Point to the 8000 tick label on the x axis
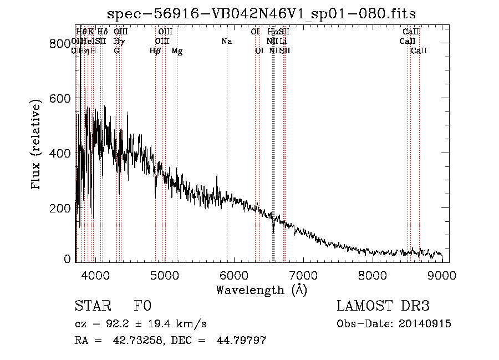point(372,275)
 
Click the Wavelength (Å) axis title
point(261,290)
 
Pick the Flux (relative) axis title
point(37,145)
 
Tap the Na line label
point(226,41)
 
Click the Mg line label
point(177,51)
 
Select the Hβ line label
point(155,51)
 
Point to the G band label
point(116,51)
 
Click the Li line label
point(283,41)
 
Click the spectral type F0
point(142,307)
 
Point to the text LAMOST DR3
point(383,307)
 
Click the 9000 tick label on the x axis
point(442,275)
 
